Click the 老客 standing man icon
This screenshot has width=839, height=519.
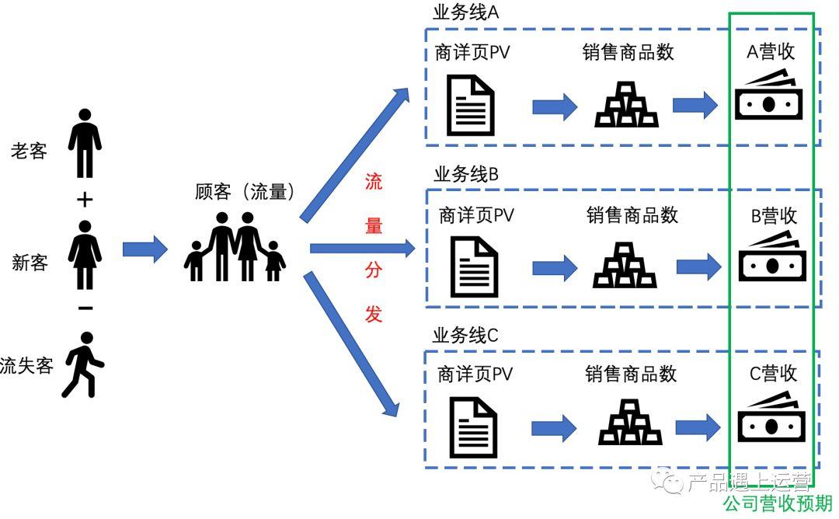(85, 144)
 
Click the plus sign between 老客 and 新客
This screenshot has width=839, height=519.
(85, 200)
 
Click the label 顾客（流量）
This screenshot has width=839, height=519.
(245, 192)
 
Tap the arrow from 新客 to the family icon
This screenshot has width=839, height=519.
(145, 249)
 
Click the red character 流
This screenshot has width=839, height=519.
(374, 183)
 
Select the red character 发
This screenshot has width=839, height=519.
(374, 315)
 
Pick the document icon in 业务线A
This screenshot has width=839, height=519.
(470, 105)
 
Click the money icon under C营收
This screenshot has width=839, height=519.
(771, 420)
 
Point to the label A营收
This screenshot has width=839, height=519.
(771, 52)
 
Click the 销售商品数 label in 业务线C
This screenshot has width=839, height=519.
(631, 374)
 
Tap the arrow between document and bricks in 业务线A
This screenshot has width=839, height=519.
(554, 106)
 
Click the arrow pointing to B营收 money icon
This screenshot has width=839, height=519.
(698, 267)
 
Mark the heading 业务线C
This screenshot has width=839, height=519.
(465, 336)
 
